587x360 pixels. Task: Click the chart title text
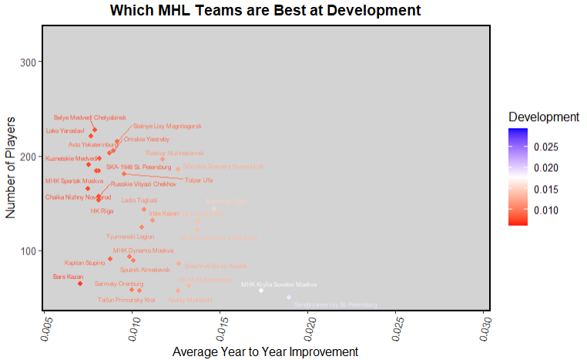click(265, 11)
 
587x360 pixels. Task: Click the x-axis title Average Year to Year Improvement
click(265, 351)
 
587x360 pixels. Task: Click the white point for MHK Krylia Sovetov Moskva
click(261, 291)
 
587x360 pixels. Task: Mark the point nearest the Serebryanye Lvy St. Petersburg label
click(289, 298)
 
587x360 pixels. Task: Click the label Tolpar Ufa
click(197, 180)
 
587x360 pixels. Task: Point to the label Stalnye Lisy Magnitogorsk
click(168, 126)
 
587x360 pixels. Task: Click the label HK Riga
click(102, 210)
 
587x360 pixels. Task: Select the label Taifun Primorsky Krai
click(128, 299)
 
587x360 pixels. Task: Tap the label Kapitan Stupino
click(84, 263)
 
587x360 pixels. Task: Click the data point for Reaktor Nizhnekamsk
click(163, 160)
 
